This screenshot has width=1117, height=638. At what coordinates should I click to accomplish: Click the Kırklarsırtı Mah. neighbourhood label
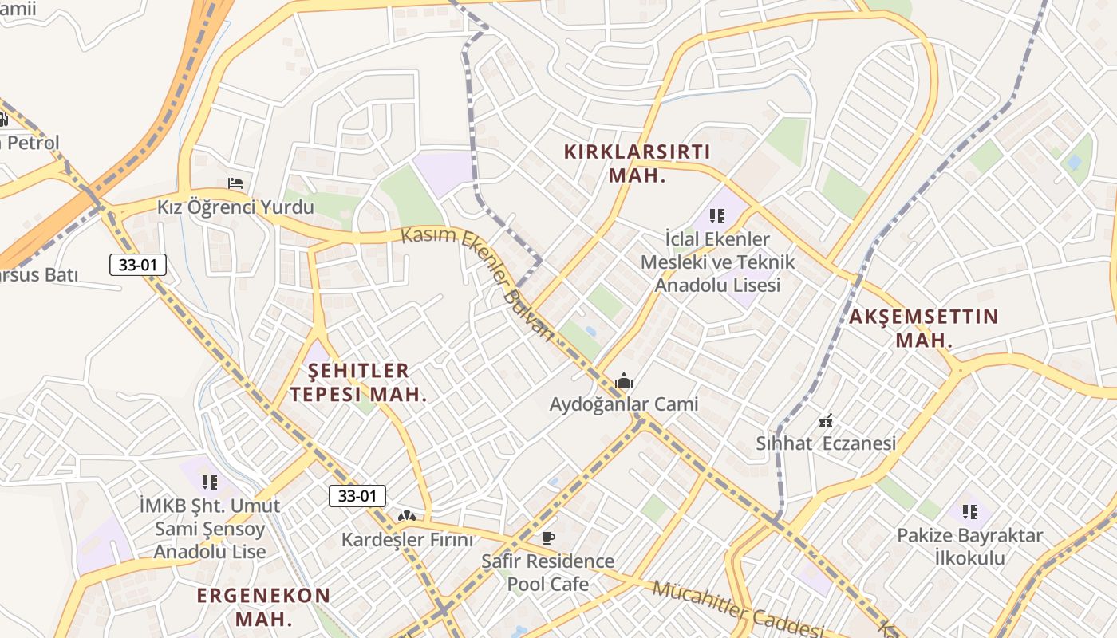click(x=637, y=163)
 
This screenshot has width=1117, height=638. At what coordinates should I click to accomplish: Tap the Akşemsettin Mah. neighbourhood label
click(x=923, y=328)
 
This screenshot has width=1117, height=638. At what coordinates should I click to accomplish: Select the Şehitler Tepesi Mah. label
click(x=358, y=382)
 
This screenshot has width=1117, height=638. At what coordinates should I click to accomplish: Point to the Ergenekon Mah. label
click(x=263, y=607)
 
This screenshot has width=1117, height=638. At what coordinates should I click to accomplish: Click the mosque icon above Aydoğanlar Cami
click(x=624, y=381)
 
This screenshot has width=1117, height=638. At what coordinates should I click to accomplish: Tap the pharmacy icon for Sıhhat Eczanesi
click(x=826, y=420)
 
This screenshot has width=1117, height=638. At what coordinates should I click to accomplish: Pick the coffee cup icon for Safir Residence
click(x=547, y=538)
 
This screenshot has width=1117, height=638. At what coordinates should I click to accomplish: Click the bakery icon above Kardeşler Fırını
click(x=407, y=517)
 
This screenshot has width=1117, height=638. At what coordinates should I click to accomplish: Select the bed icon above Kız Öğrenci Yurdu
click(x=235, y=183)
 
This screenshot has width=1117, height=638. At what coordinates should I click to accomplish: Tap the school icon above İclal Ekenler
click(x=716, y=215)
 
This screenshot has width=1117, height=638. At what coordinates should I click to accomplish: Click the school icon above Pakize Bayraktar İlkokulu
click(x=969, y=511)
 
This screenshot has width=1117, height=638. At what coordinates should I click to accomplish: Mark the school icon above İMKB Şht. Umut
click(x=209, y=482)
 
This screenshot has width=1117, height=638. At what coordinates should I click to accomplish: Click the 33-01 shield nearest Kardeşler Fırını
click(x=357, y=496)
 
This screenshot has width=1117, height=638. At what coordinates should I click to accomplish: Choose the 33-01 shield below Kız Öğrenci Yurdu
click(x=138, y=265)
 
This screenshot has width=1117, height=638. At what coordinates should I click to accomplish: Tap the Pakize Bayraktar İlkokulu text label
click(x=969, y=546)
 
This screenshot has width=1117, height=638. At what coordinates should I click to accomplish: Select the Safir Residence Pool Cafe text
click(x=547, y=573)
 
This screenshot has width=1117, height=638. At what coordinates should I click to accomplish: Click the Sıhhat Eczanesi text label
click(x=826, y=443)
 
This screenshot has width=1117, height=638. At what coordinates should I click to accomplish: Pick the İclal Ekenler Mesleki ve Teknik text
click(x=716, y=262)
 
